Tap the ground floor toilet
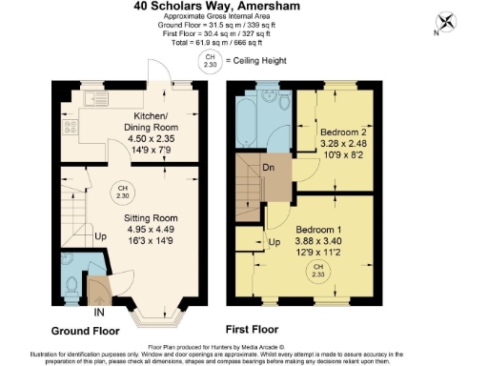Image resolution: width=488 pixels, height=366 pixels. (x=74, y=280)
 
